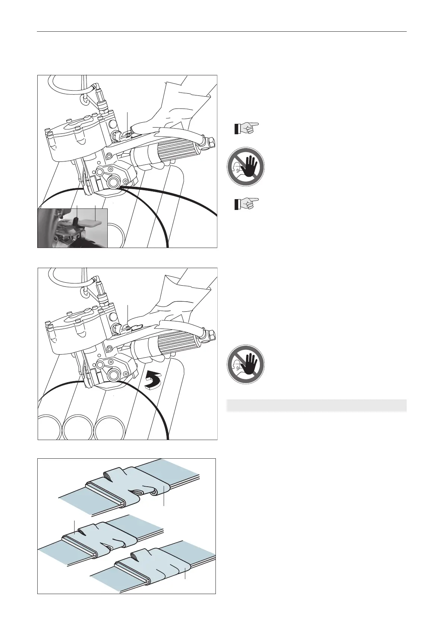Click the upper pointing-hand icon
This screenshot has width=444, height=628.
[246, 128]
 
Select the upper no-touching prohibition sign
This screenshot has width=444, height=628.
[246, 167]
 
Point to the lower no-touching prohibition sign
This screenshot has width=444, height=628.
[246, 365]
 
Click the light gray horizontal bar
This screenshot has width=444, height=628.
[317, 405]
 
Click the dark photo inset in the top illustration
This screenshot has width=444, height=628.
[73, 228]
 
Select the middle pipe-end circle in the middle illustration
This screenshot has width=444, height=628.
[78, 427]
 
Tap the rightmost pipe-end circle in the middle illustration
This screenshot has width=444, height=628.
[109, 427]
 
